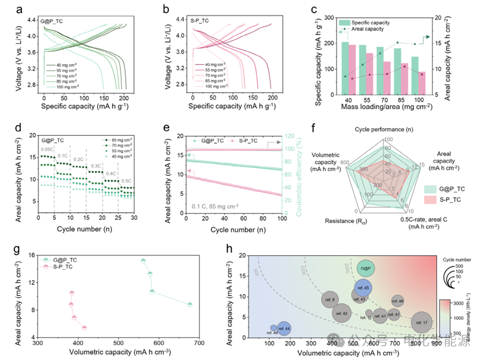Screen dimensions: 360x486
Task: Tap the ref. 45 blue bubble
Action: point(364,288)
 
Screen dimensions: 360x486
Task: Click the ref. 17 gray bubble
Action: point(422,322)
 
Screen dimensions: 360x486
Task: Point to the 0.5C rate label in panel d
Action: point(127,180)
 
